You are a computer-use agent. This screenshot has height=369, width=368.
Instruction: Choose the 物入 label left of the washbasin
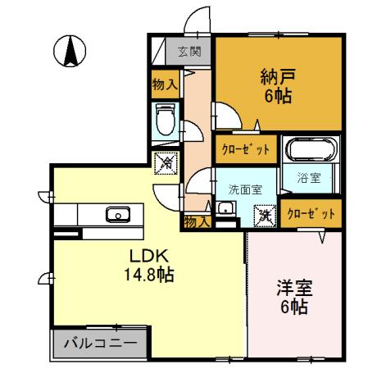(x=196, y=221)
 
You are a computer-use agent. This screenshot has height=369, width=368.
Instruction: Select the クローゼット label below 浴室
(x=311, y=213)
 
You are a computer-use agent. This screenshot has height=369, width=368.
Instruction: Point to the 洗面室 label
(x=244, y=188)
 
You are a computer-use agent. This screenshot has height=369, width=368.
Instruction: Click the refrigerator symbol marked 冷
(x=165, y=163)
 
